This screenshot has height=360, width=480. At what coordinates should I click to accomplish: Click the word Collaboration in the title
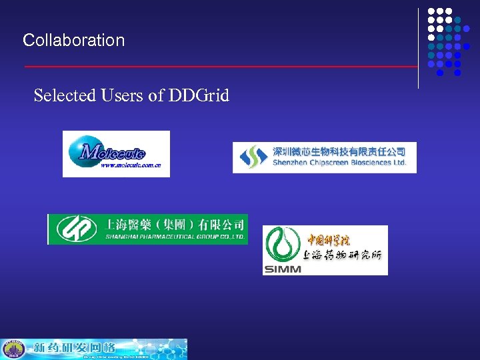[73, 40]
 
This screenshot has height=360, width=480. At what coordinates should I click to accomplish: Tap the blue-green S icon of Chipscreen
[252, 157]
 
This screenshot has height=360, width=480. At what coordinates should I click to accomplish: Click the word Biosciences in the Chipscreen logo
[369, 163]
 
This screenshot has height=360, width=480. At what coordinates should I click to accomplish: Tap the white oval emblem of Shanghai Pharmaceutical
[73, 229]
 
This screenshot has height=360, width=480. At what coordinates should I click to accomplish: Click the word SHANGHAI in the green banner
[124, 236]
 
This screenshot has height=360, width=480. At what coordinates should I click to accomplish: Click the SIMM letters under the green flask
[283, 269]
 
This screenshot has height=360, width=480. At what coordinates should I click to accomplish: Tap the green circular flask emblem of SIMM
[283, 245]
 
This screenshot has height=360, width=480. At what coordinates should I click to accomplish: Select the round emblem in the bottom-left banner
[13, 349]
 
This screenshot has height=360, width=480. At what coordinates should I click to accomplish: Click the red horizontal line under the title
[220, 67]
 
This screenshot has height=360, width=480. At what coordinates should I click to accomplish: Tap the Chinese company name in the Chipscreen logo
[339, 151]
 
